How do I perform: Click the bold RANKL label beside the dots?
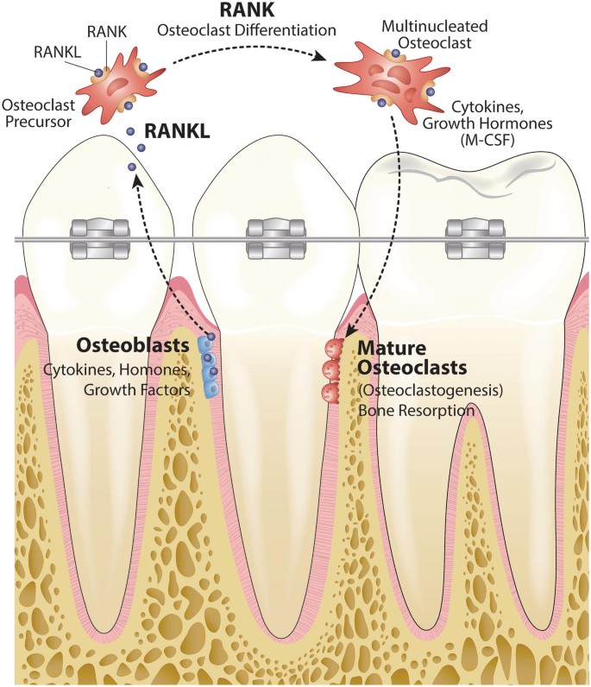coord(179,130)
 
